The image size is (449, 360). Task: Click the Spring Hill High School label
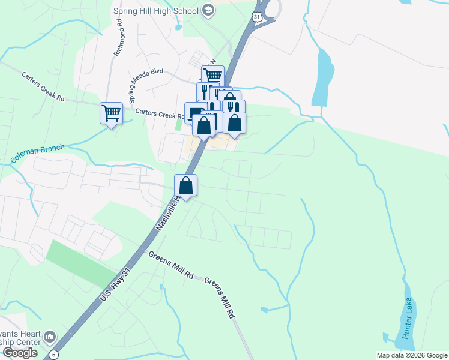pos(156,10)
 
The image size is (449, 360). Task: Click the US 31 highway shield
pos(256,17)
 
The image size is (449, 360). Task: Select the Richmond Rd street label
pos(118,38)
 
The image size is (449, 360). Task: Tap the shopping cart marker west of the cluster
pos(111,112)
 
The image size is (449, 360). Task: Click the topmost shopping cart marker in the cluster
pos(212,76)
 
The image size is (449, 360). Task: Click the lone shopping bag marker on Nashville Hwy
pos(186,185)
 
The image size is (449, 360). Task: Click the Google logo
pos(20,353)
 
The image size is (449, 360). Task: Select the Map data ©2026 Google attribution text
pos(412,355)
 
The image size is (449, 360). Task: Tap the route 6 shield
pos(53,354)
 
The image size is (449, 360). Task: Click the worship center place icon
pos(50,336)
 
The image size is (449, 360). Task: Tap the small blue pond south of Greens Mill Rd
pos(265,310)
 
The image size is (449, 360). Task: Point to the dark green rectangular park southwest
pos(74,263)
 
